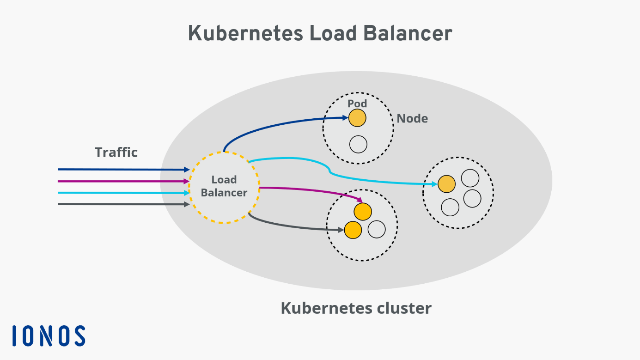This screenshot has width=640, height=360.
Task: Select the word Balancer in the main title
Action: point(407,34)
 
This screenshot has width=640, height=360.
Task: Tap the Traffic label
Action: point(116,153)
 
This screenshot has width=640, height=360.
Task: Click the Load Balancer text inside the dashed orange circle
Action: point(224,186)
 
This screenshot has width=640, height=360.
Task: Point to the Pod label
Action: point(357,103)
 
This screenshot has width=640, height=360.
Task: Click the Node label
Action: point(412,119)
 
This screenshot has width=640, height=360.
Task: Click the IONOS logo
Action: point(49,336)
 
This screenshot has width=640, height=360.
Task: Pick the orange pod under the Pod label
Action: point(357,118)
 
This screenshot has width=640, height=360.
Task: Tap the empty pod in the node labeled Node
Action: point(358,145)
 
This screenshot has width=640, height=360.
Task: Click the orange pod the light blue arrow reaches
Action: point(446,184)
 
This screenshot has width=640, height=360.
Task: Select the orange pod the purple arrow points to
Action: point(363,212)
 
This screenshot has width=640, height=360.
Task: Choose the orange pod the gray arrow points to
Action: point(353,230)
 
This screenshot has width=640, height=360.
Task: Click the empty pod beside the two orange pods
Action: point(377,229)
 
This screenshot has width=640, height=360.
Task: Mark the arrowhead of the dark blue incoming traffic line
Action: point(187,170)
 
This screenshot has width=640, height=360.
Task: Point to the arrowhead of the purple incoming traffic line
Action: point(187,181)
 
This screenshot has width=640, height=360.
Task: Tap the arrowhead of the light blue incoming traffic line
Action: point(187,193)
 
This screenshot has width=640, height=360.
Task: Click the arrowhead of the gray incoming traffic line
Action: point(187,204)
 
